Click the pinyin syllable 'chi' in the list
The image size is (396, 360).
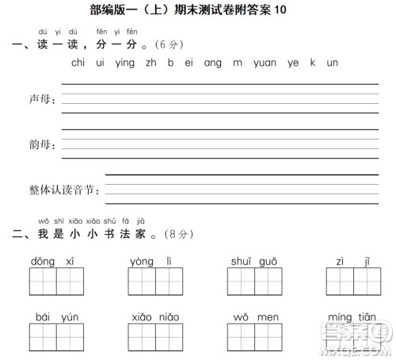click(x=78, y=63)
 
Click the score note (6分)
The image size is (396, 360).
click(x=166, y=44)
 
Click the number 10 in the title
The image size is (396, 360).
click(x=274, y=10)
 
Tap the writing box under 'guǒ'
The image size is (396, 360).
click(x=266, y=281)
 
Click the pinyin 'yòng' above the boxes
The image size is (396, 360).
click(x=142, y=261)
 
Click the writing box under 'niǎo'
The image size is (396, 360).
click(x=168, y=337)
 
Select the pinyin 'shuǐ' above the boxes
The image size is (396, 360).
click(x=241, y=261)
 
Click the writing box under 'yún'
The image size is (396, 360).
click(x=70, y=337)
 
